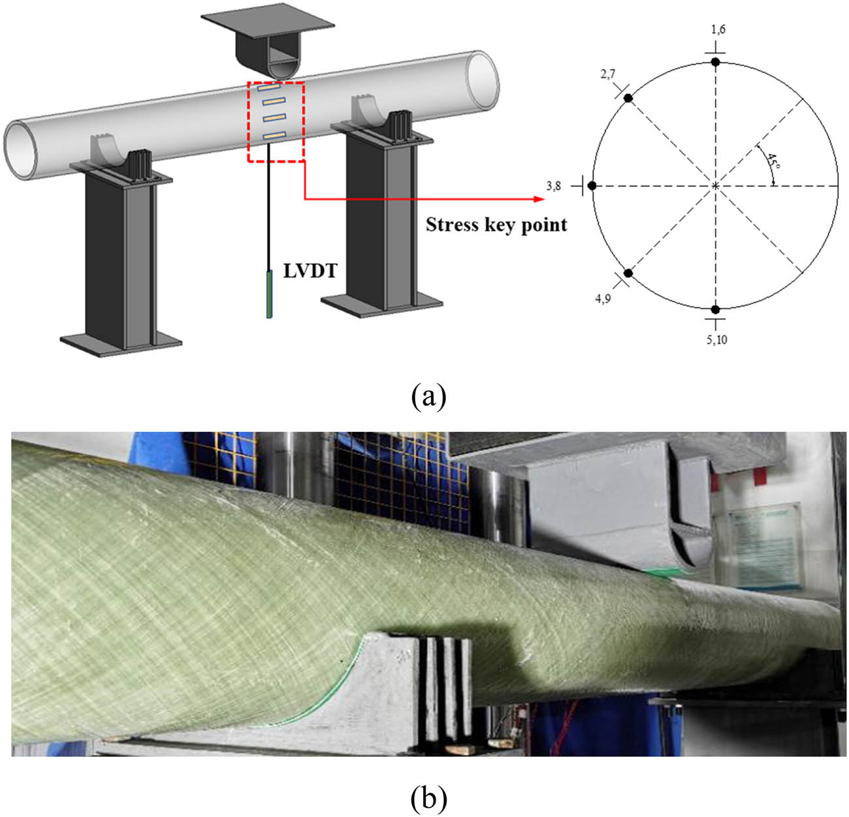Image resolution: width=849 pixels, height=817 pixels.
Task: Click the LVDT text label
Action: pos(310,271)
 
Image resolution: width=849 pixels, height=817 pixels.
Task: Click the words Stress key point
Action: pos(496,225)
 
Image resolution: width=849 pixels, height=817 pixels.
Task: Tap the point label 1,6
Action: pos(718,29)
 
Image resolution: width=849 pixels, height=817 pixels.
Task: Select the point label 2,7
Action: pos(607,74)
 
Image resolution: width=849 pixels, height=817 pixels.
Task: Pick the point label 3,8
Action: pos(554,186)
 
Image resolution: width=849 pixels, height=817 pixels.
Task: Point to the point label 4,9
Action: pos(603,300)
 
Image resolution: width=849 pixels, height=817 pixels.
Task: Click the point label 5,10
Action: pos(716,339)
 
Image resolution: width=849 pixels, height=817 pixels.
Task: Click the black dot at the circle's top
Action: pos(716,62)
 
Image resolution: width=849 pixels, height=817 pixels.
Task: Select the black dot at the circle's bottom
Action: pos(716,309)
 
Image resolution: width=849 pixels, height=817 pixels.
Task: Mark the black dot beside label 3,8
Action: pos(592,186)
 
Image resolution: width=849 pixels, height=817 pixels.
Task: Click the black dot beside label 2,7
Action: pos(628,98)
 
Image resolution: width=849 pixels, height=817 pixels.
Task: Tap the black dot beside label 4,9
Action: pos(628,273)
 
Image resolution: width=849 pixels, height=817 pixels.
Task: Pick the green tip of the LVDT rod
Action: pos(269,294)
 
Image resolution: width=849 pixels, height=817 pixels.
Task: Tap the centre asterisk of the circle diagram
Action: pos(716,186)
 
